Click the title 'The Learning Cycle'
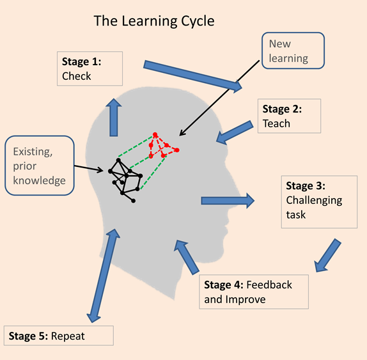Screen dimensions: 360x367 pyautogui.click(x=153, y=20)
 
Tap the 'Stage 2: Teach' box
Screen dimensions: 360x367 pyautogui.click(x=288, y=116)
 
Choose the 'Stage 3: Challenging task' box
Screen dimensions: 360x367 pyautogui.click(x=319, y=200)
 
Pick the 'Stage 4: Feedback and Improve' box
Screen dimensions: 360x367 pyautogui.click(x=254, y=292)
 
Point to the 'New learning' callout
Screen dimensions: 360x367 pyautogui.click(x=292, y=51)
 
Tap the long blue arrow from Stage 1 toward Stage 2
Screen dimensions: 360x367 pyautogui.click(x=192, y=75)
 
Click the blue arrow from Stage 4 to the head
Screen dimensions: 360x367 pyautogui.click(x=187, y=258)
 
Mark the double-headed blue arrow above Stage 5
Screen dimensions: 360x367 pyautogui.click(x=104, y=275)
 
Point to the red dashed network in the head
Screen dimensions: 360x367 pyautogui.click(x=162, y=146)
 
